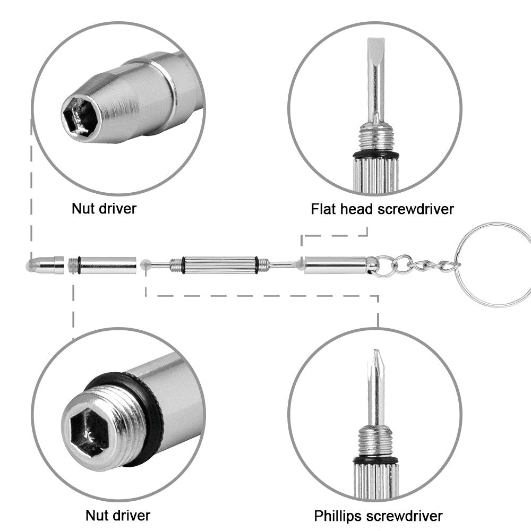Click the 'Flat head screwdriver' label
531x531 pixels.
tap(382, 209)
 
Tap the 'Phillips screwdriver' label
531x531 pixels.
tap(378, 515)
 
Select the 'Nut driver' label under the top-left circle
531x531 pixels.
tap(104, 208)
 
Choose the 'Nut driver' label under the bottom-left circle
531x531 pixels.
tap(118, 515)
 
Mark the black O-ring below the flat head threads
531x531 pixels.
tap(375, 155)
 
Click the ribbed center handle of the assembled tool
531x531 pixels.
tap(219, 264)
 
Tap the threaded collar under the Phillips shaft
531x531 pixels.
tap(375, 441)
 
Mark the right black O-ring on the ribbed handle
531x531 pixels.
tap(257, 264)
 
